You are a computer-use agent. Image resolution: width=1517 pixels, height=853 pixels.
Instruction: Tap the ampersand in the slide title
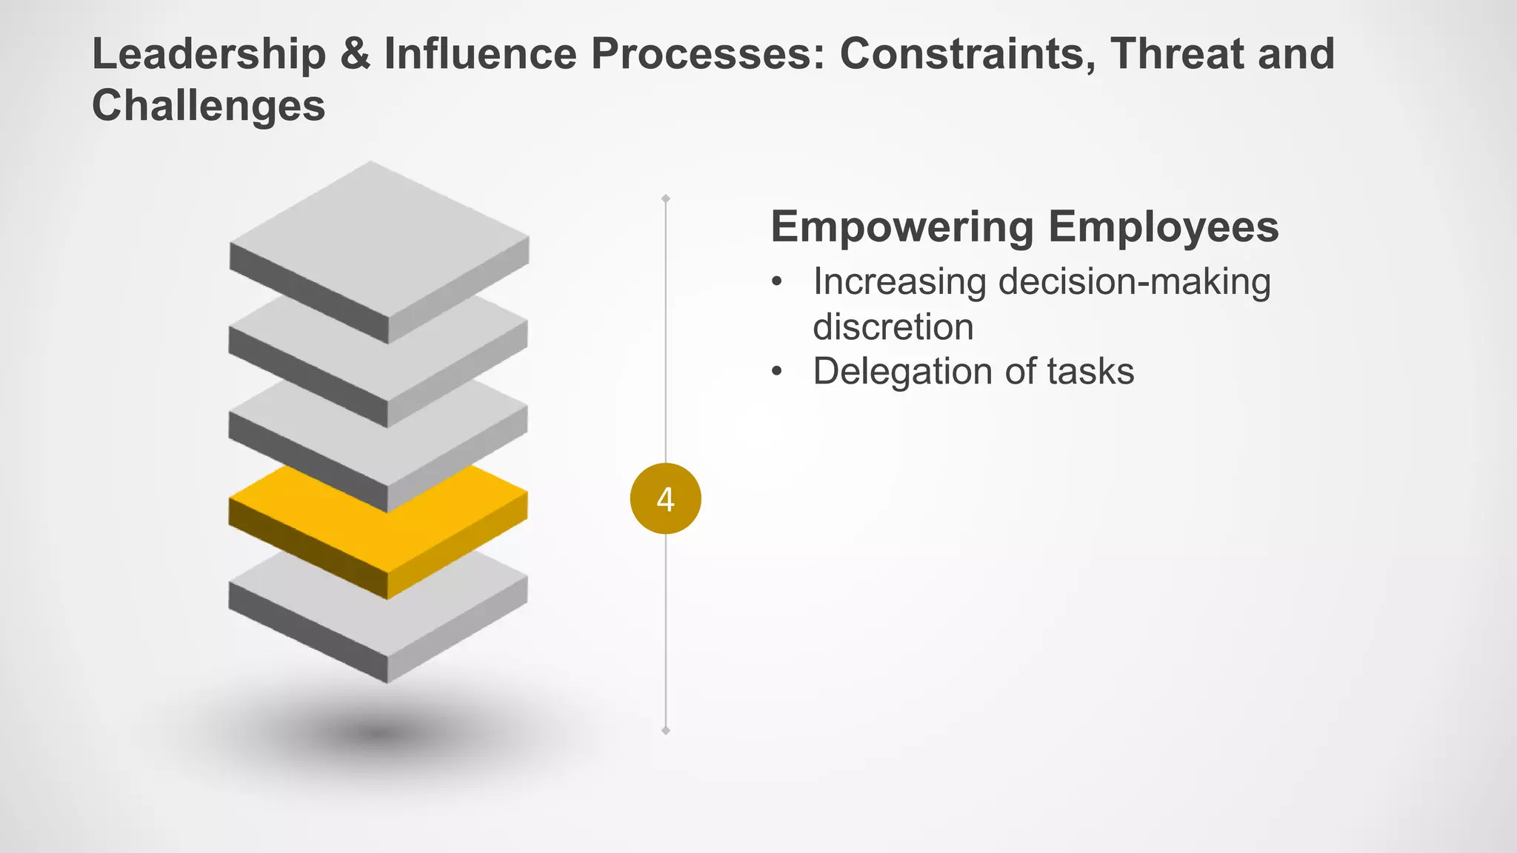click(356, 55)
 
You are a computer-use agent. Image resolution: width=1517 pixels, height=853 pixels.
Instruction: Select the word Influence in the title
click(480, 55)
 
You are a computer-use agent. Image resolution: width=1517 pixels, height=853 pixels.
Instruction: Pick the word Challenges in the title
click(208, 106)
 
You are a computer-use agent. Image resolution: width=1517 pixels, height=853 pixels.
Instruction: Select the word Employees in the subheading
click(1164, 227)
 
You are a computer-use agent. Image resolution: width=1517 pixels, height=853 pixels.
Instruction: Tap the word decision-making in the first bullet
click(1134, 282)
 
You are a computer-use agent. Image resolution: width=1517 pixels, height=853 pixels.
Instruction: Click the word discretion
click(893, 327)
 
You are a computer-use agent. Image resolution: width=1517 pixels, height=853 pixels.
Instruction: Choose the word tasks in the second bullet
click(1090, 372)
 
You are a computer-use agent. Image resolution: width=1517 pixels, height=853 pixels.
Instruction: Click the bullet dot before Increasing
click(776, 283)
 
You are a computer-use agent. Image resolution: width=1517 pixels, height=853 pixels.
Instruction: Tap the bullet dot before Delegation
click(776, 372)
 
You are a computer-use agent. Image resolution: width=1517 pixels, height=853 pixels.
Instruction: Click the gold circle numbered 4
click(665, 499)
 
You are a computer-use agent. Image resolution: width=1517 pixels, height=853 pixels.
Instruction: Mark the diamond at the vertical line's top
click(666, 198)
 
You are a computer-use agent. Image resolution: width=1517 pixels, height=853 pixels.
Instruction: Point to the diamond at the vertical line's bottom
click(666, 731)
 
